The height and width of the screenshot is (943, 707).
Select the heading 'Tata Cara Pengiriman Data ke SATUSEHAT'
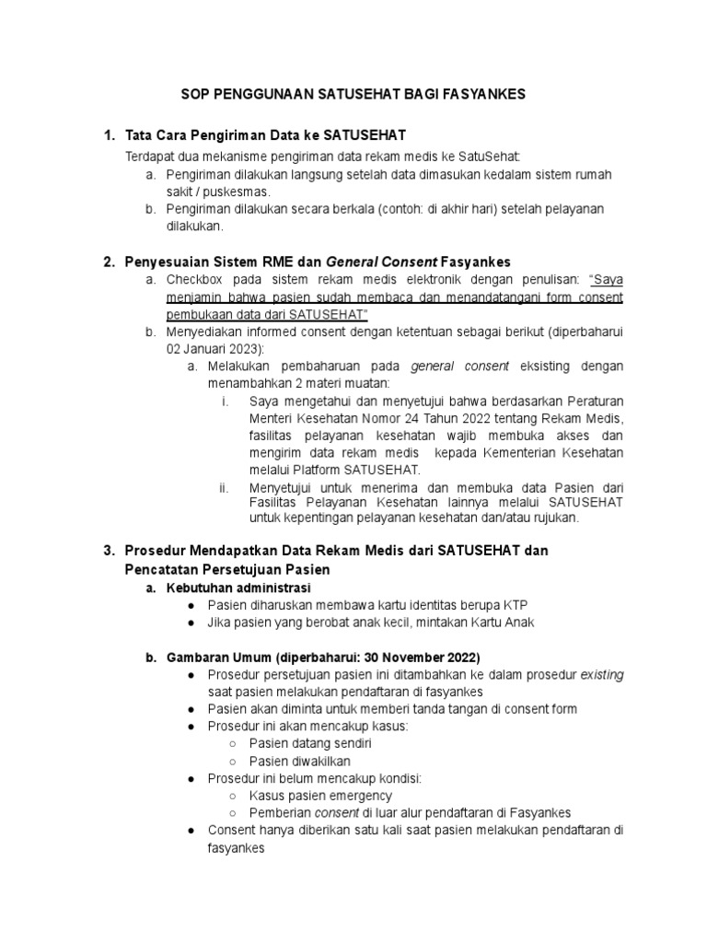coord(266,137)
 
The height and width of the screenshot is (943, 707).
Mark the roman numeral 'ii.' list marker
coord(224,487)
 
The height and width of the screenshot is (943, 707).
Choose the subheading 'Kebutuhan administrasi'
coord(238,587)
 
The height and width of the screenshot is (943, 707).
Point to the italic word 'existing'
coord(601,674)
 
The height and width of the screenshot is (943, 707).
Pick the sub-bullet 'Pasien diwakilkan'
coord(299,761)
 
